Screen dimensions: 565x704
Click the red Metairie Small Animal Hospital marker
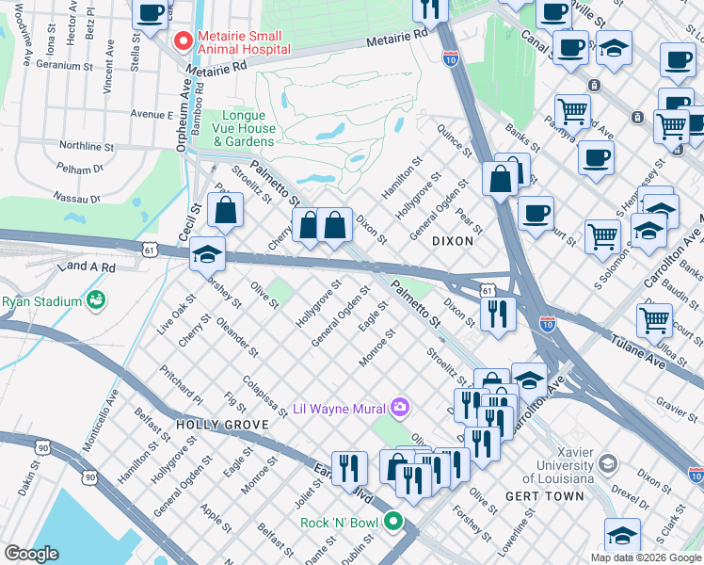tap(183, 41)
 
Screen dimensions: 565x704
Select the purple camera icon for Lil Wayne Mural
tap(401, 408)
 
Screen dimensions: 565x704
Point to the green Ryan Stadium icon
tap(94, 300)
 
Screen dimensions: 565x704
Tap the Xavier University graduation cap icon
tap(608, 463)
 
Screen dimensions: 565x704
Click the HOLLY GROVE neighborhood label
tap(222, 425)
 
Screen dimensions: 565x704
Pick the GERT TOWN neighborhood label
tap(508, 495)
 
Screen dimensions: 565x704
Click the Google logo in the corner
tap(31, 554)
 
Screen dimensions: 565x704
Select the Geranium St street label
tap(63, 67)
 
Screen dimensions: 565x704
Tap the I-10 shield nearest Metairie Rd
tap(451, 59)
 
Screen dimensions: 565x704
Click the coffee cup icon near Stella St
tap(151, 13)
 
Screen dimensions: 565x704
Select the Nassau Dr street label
tap(77, 199)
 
